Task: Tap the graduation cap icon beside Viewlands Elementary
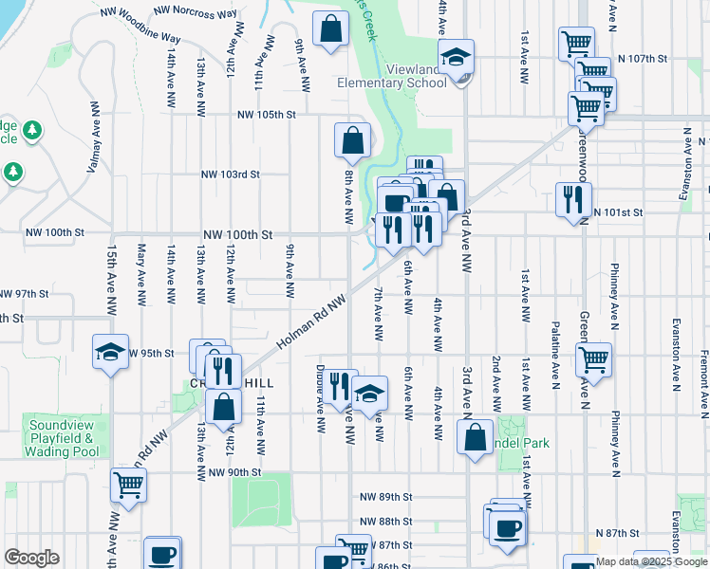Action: coord(457,56)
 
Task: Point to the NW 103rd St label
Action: coord(230,174)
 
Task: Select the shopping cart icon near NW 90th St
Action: coord(128,485)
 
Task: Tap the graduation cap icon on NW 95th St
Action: coord(110,352)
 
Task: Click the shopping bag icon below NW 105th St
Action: coord(352,140)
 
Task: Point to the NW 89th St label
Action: coord(386,497)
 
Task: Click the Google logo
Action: coord(31,558)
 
